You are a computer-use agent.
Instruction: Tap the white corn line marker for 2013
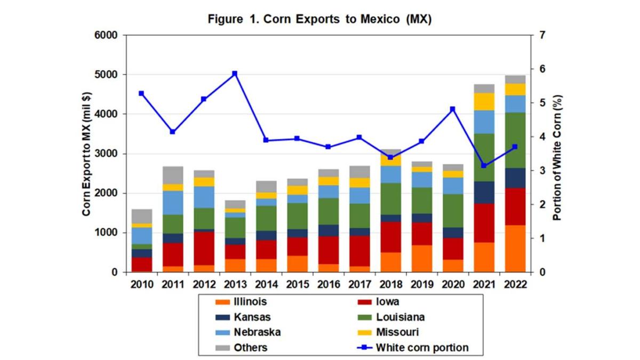click(x=235, y=74)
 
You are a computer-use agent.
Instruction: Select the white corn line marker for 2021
click(x=484, y=165)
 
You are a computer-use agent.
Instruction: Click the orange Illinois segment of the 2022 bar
click(x=515, y=249)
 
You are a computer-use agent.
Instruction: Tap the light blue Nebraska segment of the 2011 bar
click(x=172, y=203)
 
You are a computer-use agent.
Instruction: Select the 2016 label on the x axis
click(x=328, y=284)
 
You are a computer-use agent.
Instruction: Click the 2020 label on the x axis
click(x=453, y=284)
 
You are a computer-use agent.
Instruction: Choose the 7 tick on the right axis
click(x=542, y=36)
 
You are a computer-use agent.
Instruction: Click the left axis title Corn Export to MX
click(x=86, y=154)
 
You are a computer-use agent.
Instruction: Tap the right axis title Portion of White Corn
click(x=557, y=154)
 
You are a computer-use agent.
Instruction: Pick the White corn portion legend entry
click(x=422, y=348)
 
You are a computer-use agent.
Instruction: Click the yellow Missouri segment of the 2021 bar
click(x=484, y=101)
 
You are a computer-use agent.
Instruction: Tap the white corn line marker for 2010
click(x=141, y=93)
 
